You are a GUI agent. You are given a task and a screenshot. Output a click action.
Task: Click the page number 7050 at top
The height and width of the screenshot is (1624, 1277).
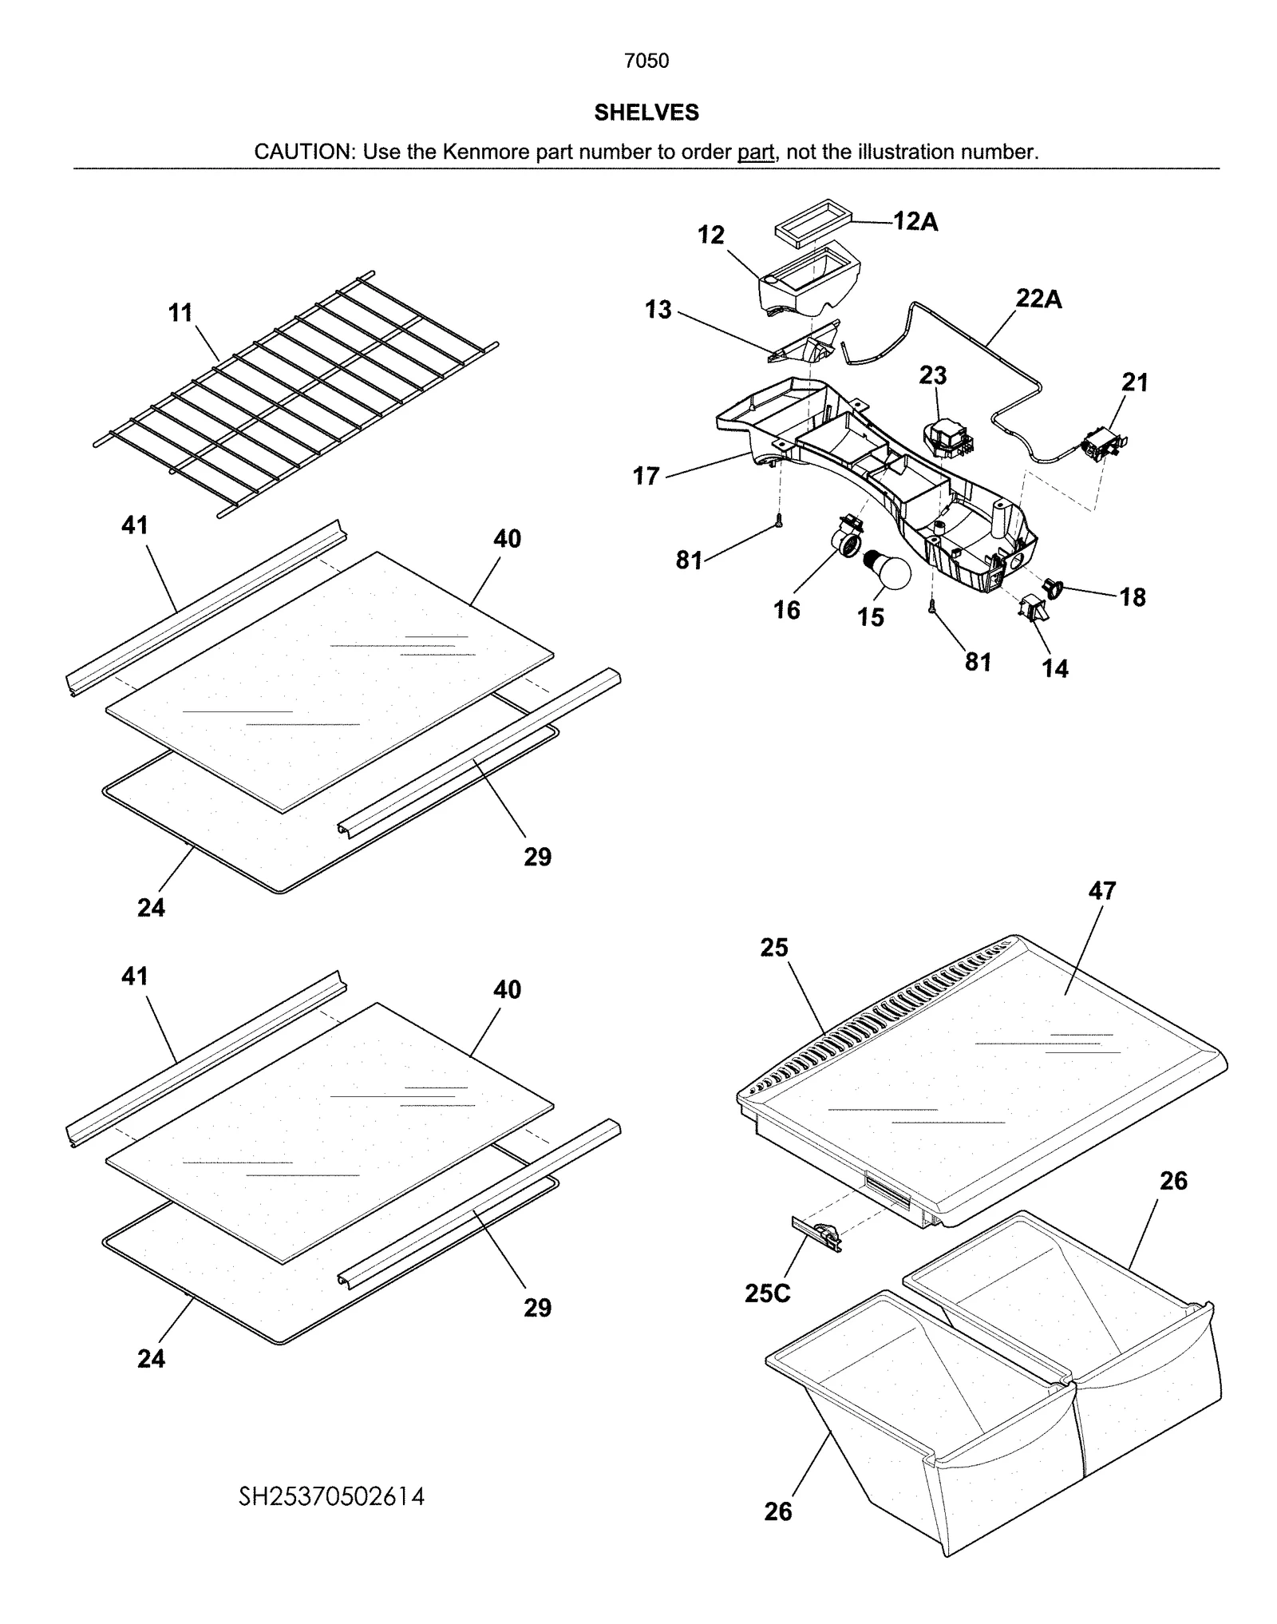646,61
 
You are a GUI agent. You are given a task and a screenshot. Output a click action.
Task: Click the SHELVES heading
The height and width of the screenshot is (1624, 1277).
646,113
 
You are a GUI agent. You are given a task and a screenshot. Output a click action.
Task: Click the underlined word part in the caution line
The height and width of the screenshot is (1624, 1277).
756,152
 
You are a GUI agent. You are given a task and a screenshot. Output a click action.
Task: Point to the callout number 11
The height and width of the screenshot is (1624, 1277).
180,312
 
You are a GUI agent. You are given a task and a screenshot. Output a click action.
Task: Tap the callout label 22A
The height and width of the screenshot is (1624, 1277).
1038,299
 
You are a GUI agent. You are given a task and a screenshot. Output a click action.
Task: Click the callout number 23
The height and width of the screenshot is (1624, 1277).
932,374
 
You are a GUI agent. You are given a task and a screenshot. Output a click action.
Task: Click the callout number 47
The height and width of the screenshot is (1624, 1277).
1101,890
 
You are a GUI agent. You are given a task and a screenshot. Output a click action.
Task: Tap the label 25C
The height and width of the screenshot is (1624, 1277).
767,1293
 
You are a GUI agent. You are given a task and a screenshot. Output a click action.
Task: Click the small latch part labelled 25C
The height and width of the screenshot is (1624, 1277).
816,1234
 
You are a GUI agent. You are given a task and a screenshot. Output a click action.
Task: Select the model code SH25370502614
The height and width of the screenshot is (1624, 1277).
331,1495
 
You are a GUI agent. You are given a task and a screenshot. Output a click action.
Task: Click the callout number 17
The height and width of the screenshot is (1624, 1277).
646,476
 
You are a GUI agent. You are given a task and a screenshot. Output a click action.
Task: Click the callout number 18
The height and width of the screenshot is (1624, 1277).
1132,596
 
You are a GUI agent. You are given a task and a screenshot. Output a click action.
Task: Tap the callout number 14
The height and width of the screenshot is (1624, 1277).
1054,668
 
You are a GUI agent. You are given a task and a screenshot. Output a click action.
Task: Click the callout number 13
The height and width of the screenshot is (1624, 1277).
658,309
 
